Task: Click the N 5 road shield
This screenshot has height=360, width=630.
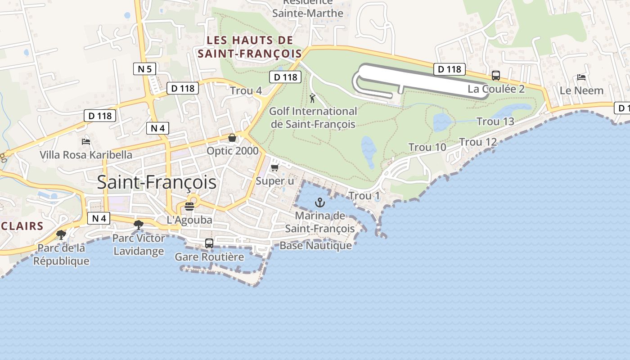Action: click(145, 69)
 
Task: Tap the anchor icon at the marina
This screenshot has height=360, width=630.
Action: click(320, 202)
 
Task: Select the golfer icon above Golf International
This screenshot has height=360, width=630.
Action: click(312, 98)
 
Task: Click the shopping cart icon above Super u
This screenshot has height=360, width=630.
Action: click(274, 168)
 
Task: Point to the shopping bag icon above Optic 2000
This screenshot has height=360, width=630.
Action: click(232, 138)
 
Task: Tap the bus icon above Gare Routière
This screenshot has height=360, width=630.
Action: click(209, 243)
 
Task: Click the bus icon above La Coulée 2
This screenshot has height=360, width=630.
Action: click(496, 76)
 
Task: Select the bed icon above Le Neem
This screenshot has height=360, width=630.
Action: click(581, 77)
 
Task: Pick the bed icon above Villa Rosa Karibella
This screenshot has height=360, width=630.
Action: click(86, 142)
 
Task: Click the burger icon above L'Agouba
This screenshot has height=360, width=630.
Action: click(189, 207)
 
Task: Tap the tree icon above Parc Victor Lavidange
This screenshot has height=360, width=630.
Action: click(139, 225)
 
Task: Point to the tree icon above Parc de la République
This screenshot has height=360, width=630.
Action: click(61, 234)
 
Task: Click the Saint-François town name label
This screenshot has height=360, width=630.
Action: click(157, 183)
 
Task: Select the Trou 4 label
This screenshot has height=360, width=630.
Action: click(246, 90)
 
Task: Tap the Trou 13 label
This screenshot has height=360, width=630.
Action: click(495, 121)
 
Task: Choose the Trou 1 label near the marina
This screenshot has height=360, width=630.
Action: click(364, 196)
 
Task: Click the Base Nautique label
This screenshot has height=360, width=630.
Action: click(315, 246)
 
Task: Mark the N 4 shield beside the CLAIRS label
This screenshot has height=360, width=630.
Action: click(99, 219)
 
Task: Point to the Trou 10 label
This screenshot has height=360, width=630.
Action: click(427, 147)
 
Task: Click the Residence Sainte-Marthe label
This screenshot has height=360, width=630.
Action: click(308, 9)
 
